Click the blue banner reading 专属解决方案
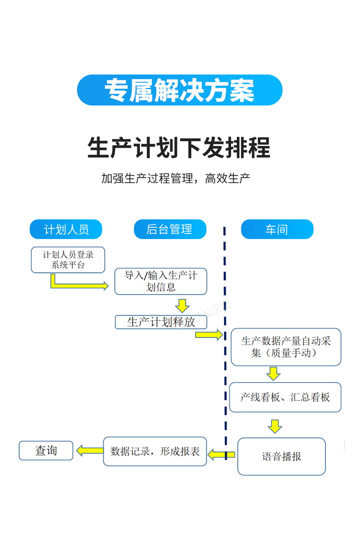click(x=180, y=90)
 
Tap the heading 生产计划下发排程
click(x=179, y=147)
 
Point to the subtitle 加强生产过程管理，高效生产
click(x=176, y=178)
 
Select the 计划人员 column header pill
click(x=66, y=229)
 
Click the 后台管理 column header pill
click(x=170, y=229)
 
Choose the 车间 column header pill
click(x=277, y=229)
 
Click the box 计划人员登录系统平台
click(x=68, y=260)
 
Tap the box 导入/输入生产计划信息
click(x=161, y=281)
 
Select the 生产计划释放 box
click(x=161, y=322)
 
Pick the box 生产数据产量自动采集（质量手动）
click(x=286, y=347)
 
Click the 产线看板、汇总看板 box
click(x=285, y=397)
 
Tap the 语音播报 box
click(x=281, y=456)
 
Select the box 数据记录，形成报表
click(x=155, y=451)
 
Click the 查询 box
click(x=46, y=450)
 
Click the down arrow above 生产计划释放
click(x=182, y=306)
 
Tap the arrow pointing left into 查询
click(x=89, y=450)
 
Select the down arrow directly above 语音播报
click(x=275, y=426)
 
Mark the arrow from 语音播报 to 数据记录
click(x=221, y=454)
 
